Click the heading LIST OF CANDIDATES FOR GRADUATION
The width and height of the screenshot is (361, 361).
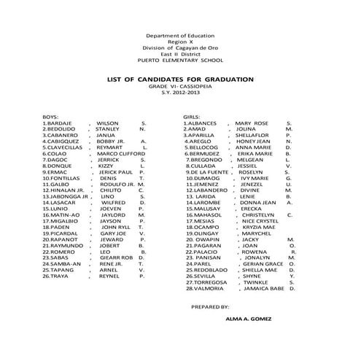pyautogui.click(x=180, y=78)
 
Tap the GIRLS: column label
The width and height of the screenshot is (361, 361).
pyautogui.click(x=193, y=117)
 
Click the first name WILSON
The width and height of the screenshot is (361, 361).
pyautogui.click(x=107, y=123)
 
